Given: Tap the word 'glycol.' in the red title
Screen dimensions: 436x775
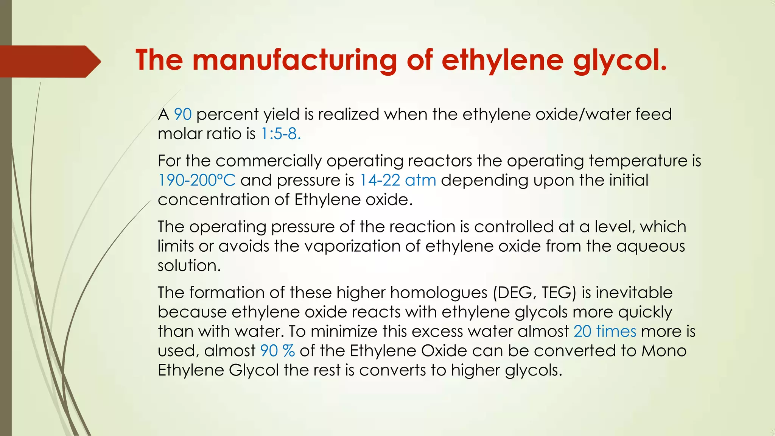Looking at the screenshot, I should coord(620,61).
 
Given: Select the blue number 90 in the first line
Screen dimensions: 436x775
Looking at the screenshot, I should coord(183,114).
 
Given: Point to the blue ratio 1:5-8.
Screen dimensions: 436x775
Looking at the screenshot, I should coord(281,134).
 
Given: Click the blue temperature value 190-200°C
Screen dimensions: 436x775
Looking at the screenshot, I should coord(197,180).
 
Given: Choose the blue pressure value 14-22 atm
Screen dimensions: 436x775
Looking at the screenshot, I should coord(398,180).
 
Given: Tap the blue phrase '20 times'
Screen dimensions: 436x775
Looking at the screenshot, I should coord(605,331).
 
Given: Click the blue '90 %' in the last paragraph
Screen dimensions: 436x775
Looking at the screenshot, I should coord(277,350).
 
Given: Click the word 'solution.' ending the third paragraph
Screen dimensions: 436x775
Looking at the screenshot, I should coord(189,265).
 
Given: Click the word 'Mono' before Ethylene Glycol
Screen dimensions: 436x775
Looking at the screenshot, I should coord(664,350).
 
